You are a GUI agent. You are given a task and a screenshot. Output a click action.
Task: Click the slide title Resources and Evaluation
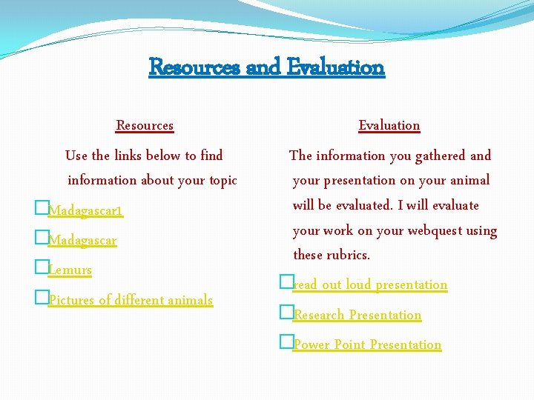pyautogui.click(x=267, y=67)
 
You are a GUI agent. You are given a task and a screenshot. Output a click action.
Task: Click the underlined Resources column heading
pyautogui.click(x=145, y=125)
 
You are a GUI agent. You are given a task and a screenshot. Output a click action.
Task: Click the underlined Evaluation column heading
pyautogui.click(x=389, y=125)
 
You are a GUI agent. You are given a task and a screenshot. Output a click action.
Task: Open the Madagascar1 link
pyautogui.click(x=85, y=212)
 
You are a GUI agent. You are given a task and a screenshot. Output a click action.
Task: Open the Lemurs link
pyautogui.click(x=70, y=270)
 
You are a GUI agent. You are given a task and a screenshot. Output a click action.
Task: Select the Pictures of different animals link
pyautogui.click(x=131, y=300)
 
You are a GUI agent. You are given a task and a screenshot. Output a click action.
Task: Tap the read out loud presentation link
pyautogui.click(x=370, y=285)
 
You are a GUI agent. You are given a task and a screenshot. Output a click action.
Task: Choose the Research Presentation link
pyautogui.click(x=357, y=315)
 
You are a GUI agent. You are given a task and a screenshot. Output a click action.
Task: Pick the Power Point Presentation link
pyautogui.click(x=367, y=345)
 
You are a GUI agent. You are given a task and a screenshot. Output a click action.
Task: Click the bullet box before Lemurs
pyautogui.click(x=41, y=270)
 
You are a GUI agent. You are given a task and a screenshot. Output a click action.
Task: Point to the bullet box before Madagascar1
pyautogui.click(x=41, y=211)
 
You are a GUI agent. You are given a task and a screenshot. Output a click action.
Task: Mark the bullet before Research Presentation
pyautogui.click(x=286, y=314)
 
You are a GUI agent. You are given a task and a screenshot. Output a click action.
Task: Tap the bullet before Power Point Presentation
pyautogui.click(x=286, y=344)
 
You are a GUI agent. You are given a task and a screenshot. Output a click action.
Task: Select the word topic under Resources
pyautogui.click(x=220, y=180)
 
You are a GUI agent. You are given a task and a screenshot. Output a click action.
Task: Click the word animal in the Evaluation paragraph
pyautogui.click(x=470, y=180)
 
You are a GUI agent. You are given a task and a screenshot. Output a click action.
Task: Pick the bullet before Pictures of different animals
pyautogui.click(x=41, y=299)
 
